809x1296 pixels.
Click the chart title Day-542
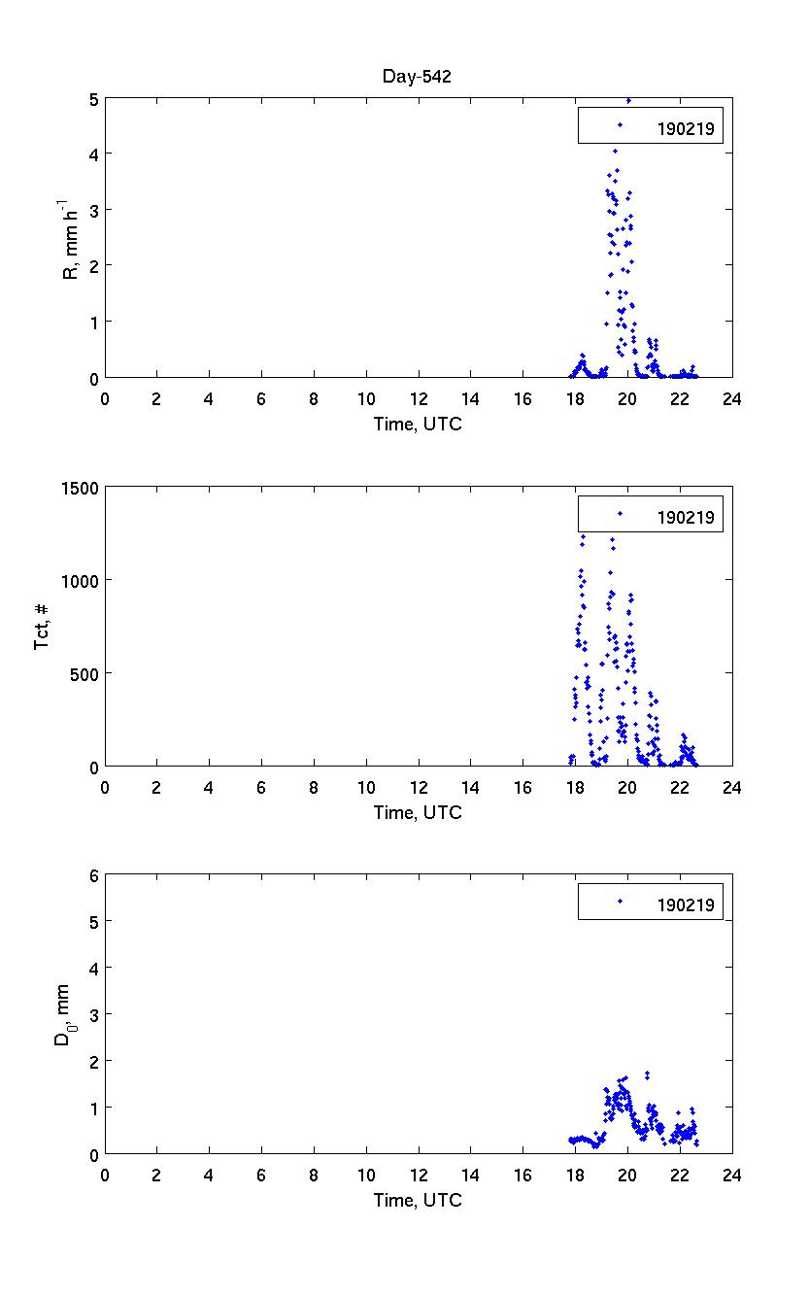(419, 78)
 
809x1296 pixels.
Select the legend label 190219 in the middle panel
(686, 517)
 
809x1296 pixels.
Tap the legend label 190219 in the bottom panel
(686, 905)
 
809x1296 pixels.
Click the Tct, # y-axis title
(43, 627)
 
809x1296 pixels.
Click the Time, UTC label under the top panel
(418, 424)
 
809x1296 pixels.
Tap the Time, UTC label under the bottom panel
(418, 1200)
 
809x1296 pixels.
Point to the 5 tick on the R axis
(92, 98)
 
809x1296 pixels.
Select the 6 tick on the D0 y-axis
(92, 875)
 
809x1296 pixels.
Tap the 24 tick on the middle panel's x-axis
(732, 786)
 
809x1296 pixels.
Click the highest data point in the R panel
(628, 100)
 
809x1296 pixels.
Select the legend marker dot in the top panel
(620, 125)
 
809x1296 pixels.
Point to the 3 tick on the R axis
(92, 210)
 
